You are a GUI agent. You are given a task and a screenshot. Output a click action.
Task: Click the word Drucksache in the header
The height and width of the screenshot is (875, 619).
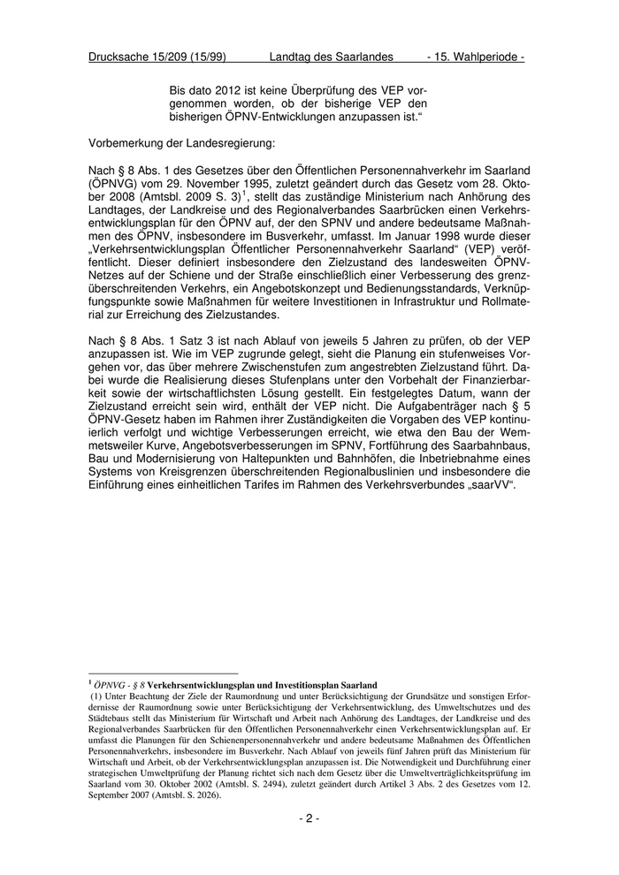click(x=119, y=57)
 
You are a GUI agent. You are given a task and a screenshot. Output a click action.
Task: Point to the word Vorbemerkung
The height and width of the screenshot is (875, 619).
click(x=130, y=141)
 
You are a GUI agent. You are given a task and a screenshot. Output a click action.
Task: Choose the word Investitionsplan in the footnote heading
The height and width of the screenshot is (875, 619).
click(x=302, y=685)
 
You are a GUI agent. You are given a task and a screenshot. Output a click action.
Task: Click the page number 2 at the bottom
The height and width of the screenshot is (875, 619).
click(x=309, y=818)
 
